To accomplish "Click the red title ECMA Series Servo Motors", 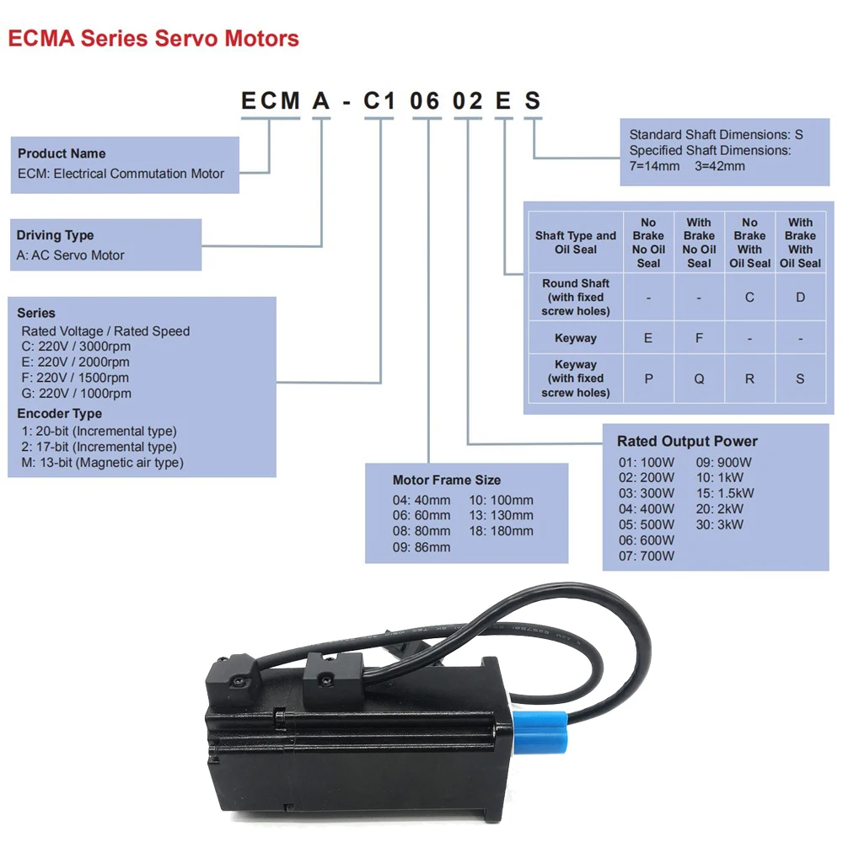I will click(153, 39).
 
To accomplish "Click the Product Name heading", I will click(62, 153).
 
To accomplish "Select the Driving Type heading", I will click(56, 235).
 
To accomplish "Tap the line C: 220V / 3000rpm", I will click(76, 346).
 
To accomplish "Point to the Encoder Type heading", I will click(59, 414).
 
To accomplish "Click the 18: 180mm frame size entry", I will click(501, 531).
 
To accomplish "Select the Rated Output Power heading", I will click(687, 441).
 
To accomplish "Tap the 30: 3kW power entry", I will click(719, 524).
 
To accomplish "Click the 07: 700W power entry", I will click(646, 556).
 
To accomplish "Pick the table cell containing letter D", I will click(800, 298).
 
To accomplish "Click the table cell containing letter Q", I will click(699, 379).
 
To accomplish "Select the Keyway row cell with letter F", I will click(699, 338).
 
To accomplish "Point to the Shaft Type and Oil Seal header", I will click(576, 243).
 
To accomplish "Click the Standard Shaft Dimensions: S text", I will click(716, 135).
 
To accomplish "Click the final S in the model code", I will click(532, 101).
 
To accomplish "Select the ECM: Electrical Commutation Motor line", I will click(121, 174).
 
